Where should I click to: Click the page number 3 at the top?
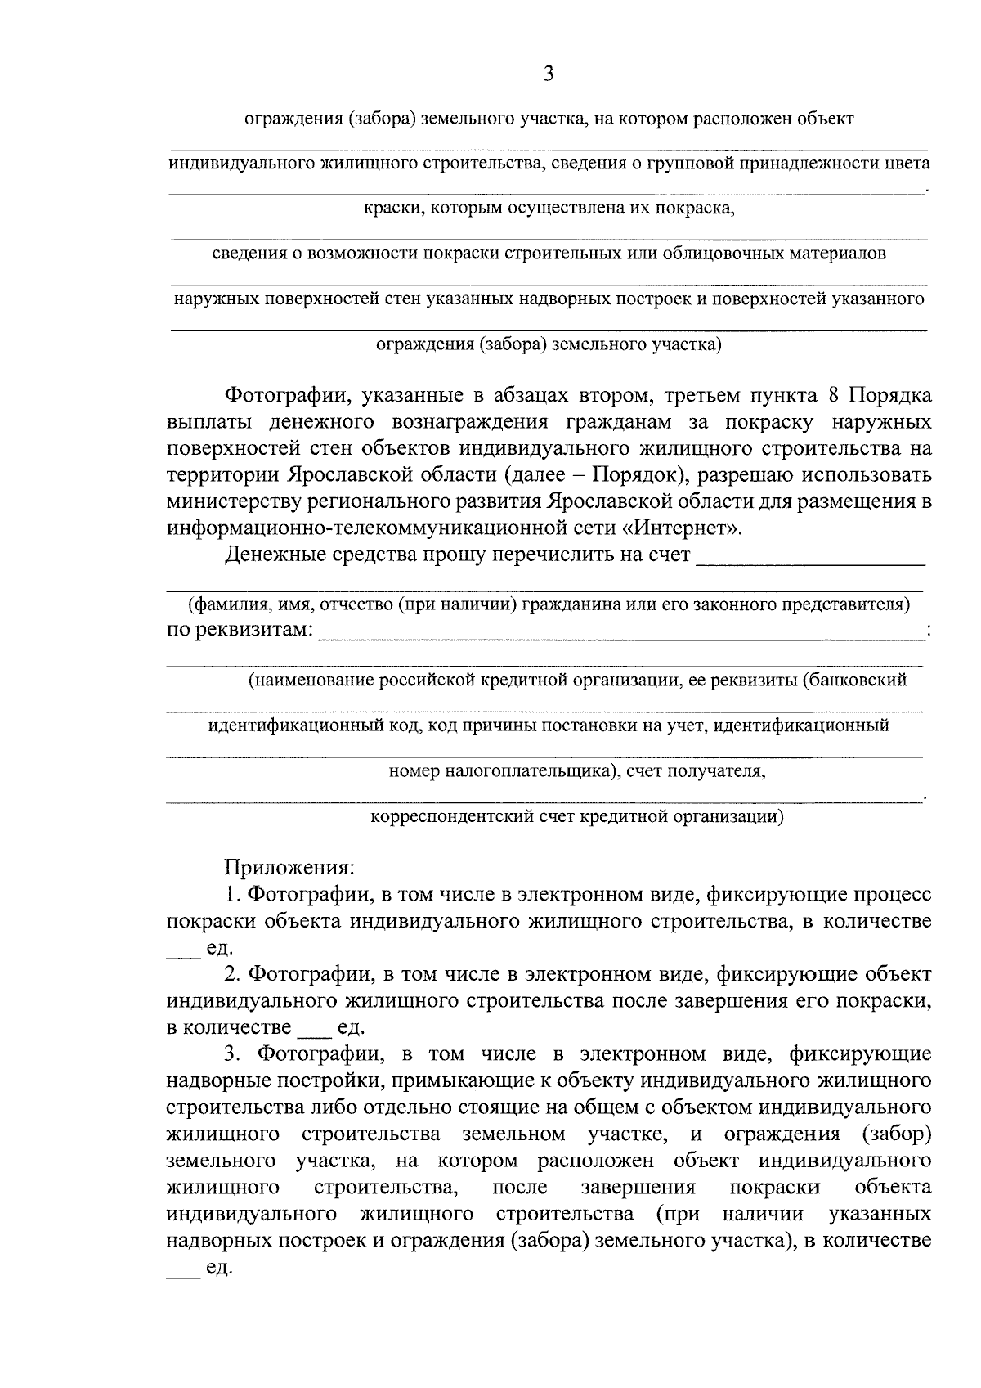click(549, 74)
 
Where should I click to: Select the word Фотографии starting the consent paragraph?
click(278, 396)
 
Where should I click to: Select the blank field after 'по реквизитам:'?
click(621, 632)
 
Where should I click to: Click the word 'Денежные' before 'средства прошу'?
click(278, 555)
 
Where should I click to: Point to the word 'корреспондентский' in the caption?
click(448, 816)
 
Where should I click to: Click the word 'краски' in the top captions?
click(391, 209)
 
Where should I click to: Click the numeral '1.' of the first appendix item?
click(233, 894)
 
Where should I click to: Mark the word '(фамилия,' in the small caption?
click(222, 604)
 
